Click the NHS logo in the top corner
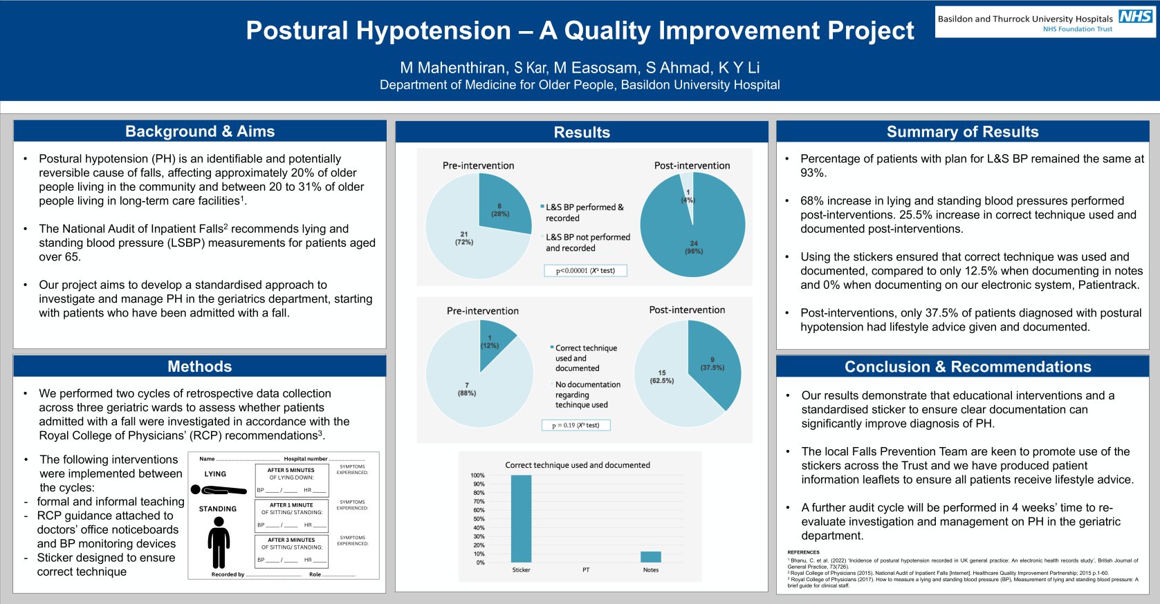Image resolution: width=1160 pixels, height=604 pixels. point(1135,16)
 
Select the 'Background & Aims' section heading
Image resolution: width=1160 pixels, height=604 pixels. point(200,131)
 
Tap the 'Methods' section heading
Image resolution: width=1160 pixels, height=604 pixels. point(200,366)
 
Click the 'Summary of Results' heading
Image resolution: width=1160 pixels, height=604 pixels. point(962,132)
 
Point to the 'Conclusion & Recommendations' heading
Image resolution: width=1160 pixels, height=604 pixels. point(968,367)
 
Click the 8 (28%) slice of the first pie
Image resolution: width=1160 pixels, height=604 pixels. point(501,207)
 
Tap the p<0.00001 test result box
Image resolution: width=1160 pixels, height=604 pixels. point(585,270)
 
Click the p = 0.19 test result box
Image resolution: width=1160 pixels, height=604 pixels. point(576,425)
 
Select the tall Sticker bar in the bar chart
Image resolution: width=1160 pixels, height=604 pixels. point(521,518)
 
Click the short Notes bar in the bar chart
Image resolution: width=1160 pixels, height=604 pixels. point(650,557)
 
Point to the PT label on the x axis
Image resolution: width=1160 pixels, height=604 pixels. point(586,570)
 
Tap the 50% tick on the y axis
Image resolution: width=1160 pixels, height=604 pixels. point(478,519)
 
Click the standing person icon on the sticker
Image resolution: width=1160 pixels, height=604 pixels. point(219,543)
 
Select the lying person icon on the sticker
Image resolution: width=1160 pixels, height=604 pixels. point(218,490)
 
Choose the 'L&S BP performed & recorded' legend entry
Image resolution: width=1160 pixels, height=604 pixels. point(584,212)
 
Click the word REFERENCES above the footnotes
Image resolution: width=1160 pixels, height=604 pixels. point(803,552)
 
